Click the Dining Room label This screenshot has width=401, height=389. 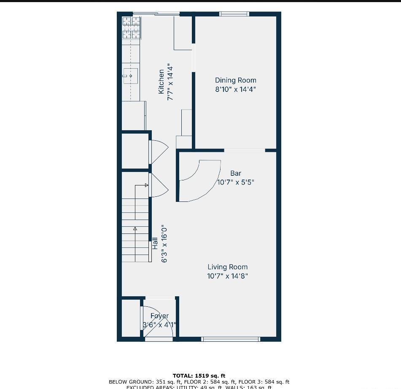[235, 80]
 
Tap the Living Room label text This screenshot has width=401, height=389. [227, 267]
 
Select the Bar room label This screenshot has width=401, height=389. [236, 173]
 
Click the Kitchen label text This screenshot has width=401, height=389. [161, 82]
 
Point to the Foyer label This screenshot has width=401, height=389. [159, 316]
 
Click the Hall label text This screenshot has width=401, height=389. [155, 243]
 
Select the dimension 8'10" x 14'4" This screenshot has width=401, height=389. [235, 89]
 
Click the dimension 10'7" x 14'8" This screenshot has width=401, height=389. [227, 276]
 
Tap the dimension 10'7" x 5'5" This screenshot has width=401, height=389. [236, 182]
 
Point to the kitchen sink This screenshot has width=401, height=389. [130, 76]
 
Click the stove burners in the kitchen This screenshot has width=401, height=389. [131, 27]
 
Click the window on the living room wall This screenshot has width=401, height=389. [230, 339]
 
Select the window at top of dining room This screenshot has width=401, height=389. [234, 14]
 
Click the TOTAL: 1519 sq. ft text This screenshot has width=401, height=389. [199, 376]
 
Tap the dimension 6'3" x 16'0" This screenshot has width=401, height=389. [164, 243]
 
